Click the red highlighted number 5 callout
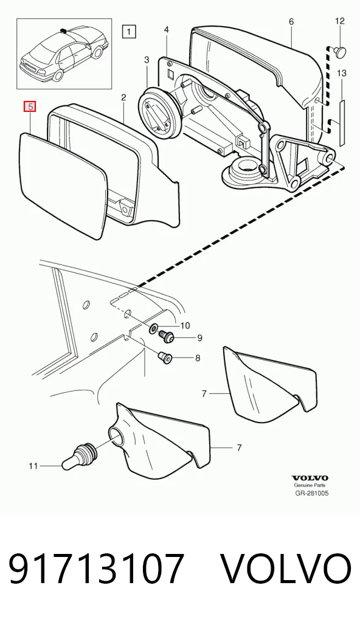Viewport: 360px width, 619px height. [x=30, y=107]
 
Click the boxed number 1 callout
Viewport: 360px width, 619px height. [x=130, y=31]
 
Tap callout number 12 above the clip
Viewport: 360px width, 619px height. [x=340, y=21]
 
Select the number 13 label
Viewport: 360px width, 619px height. [x=342, y=73]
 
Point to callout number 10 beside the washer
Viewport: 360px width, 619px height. [x=185, y=326]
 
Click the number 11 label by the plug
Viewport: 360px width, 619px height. [x=33, y=466]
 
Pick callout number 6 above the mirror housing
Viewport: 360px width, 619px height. [x=291, y=21]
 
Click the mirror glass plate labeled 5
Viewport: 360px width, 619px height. [x=63, y=185]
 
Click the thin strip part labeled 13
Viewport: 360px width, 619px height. [x=342, y=122]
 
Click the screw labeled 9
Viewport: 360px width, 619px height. [x=166, y=337]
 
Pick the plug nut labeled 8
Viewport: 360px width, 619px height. [x=165, y=359]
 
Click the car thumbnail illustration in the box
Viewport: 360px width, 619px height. [x=64, y=54]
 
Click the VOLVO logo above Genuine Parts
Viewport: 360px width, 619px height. [x=310, y=479]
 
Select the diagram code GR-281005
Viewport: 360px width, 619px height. [x=312, y=493]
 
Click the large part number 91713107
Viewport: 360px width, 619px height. [x=96, y=569]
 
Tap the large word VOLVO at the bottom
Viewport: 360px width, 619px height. [x=285, y=569]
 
